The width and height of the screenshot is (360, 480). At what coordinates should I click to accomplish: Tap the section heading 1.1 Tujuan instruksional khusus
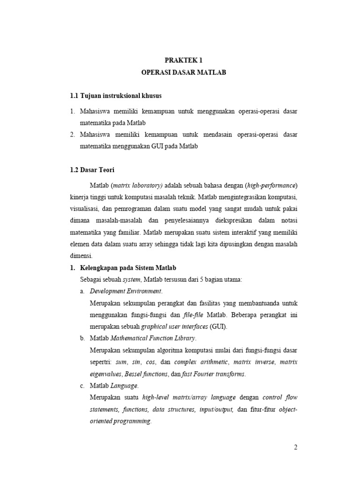[x=115, y=96]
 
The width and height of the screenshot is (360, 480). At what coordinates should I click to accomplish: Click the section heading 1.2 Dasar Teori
[x=92, y=170]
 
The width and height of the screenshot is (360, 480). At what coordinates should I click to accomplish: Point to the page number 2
[x=296, y=447]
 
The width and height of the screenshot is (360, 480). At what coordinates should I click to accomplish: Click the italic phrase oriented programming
[x=120, y=421]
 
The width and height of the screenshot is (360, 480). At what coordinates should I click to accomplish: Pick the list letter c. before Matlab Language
[x=82, y=386]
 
